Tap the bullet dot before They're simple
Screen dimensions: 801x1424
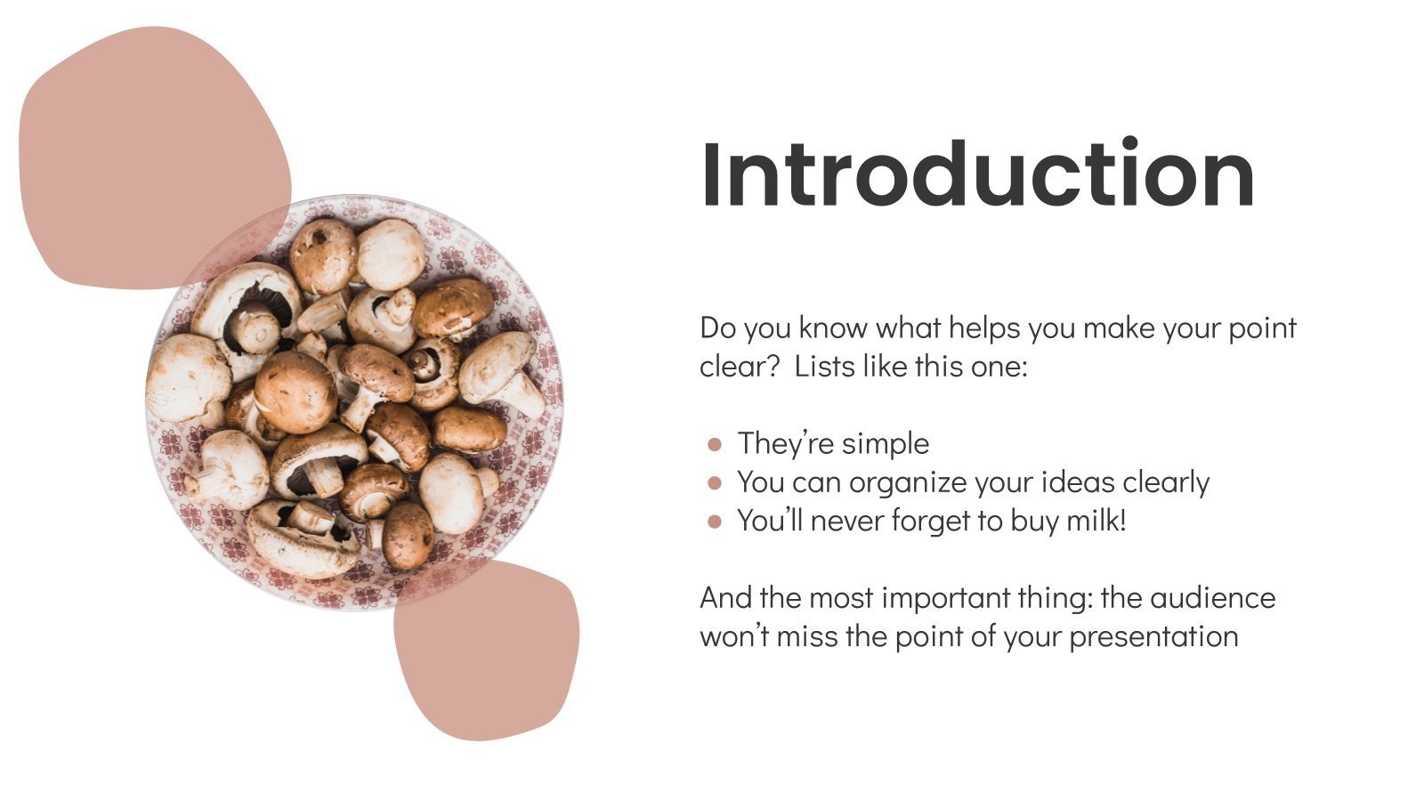pyautogui.click(x=715, y=444)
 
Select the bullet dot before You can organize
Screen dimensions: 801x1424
pyautogui.click(x=715, y=483)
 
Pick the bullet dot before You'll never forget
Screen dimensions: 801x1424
pyautogui.click(x=715, y=522)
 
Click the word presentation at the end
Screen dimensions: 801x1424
pyautogui.click(x=1153, y=636)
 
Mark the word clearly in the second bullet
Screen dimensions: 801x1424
pyautogui.click(x=1166, y=482)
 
